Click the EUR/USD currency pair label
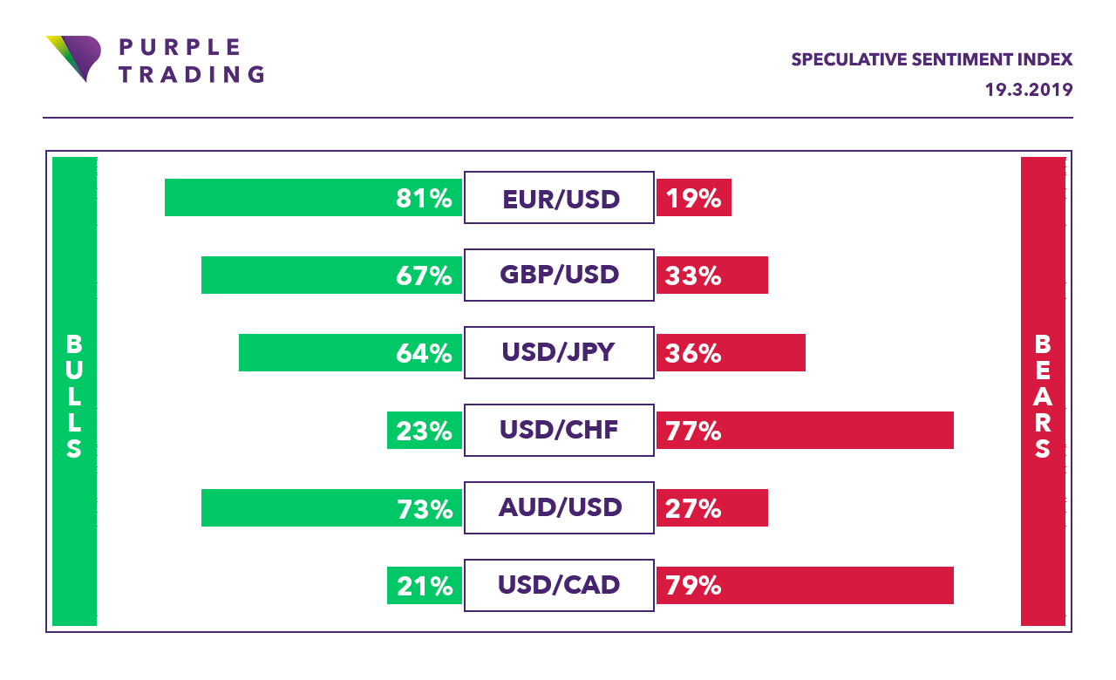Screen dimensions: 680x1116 pyautogui.click(x=559, y=198)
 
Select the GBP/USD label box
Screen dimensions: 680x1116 pyautogui.click(x=559, y=275)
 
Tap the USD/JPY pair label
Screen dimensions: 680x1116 pyautogui.click(x=559, y=353)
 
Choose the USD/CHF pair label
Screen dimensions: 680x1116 pyautogui.click(x=559, y=430)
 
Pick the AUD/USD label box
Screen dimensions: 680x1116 pyautogui.click(x=559, y=507)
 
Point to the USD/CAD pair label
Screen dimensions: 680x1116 pyautogui.click(x=559, y=585)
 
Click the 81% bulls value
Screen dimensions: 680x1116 pyautogui.click(x=424, y=198)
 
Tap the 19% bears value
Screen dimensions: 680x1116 pyautogui.click(x=693, y=198)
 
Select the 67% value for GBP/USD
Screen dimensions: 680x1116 pyautogui.click(x=424, y=275)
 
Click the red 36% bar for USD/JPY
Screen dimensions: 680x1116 pyautogui.click(x=731, y=353)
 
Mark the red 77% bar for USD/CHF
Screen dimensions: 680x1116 pyautogui.click(x=805, y=430)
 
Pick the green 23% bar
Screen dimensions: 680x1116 pyautogui.click(x=424, y=430)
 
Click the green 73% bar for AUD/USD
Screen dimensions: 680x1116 pyautogui.click(x=331, y=507)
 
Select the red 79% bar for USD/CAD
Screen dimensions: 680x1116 pyautogui.click(x=805, y=585)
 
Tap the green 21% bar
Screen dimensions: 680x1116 pyautogui.click(x=424, y=585)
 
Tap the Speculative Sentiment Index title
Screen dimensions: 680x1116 pyautogui.click(x=931, y=60)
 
